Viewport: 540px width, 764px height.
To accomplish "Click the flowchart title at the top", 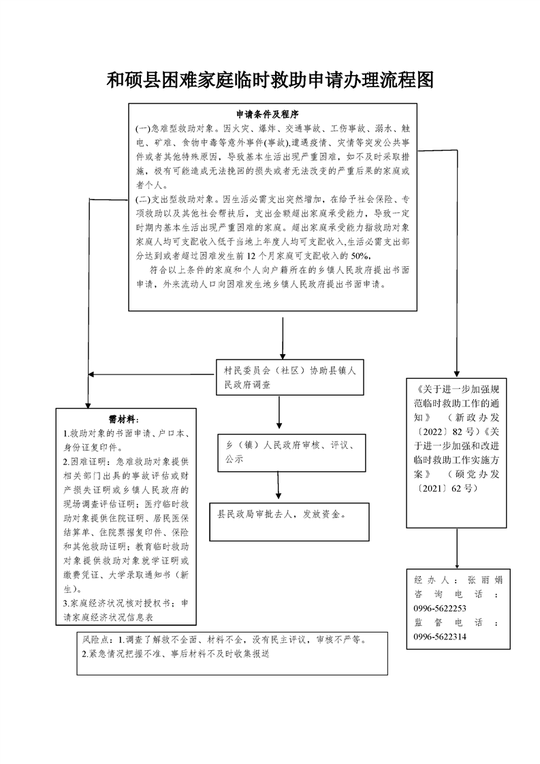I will coord(270,81).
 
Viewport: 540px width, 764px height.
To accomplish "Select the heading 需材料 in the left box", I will coord(125,418).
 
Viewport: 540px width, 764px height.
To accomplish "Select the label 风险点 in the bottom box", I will coord(96,640).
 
